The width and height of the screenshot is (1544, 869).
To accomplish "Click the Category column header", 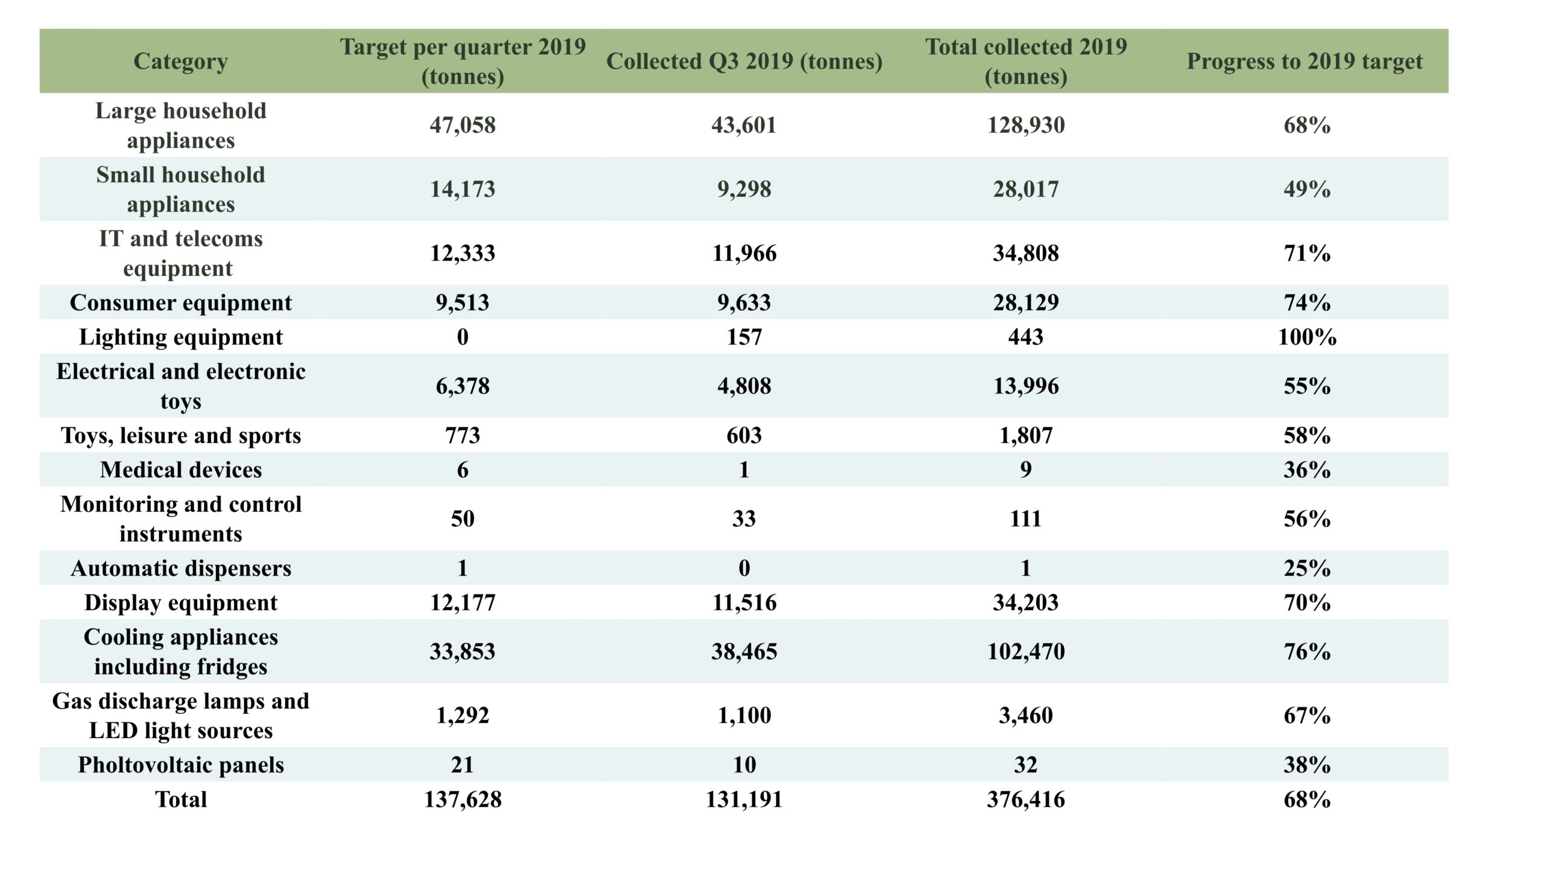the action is click(180, 62).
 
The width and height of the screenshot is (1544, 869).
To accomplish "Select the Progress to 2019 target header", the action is click(1305, 62).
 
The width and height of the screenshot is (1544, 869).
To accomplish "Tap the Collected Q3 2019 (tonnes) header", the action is click(744, 62).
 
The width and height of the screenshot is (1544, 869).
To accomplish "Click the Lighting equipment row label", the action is click(181, 337).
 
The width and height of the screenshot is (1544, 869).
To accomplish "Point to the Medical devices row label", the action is click(181, 470).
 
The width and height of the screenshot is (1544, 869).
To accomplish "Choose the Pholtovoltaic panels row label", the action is click(181, 765).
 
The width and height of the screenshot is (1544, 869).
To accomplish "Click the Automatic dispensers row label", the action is click(181, 568).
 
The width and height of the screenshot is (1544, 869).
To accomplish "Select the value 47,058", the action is click(463, 126).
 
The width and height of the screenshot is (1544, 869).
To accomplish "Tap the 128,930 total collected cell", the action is click(1026, 126).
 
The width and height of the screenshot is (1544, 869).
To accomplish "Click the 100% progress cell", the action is click(1307, 337).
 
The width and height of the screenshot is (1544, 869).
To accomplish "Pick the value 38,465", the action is click(744, 652).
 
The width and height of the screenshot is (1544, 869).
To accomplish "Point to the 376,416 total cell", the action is click(1026, 800).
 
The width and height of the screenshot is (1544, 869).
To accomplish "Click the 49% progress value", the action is click(1307, 189).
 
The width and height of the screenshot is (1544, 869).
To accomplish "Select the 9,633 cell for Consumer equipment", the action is click(744, 303).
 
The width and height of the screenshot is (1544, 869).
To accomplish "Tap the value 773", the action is click(463, 436).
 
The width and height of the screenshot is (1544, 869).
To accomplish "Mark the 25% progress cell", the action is click(1307, 568).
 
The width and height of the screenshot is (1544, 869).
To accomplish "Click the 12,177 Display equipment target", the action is click(463, 603).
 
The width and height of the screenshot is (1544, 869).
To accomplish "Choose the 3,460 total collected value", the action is click(1026, 716).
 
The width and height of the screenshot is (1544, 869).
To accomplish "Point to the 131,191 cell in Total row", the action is click(744, 800).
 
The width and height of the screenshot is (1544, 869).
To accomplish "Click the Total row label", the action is click(181, 800).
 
